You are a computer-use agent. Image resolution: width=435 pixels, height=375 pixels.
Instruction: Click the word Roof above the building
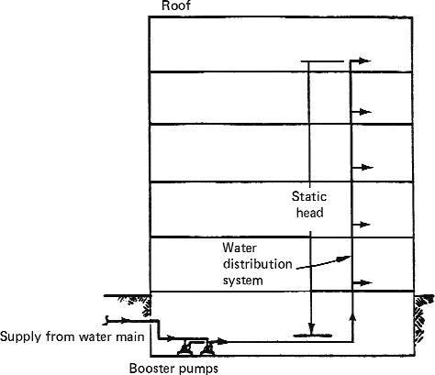tap(176, 6)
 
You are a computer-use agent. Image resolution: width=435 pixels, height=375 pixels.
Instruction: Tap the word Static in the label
tap(309, 196)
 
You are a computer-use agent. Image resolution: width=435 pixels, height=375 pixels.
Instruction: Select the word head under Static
tap(310, 213)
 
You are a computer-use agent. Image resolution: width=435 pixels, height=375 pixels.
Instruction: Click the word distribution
tap(258, 264)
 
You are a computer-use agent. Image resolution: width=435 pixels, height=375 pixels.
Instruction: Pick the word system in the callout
tap(242, 281)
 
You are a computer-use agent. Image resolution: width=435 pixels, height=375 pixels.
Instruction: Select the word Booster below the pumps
tap(151, 369)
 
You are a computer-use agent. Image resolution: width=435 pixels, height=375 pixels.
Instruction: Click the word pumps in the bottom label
tap(196, 369)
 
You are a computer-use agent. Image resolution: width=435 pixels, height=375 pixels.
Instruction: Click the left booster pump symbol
tap(185, 348)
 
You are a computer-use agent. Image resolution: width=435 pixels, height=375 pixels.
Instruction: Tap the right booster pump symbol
tap(207, 348)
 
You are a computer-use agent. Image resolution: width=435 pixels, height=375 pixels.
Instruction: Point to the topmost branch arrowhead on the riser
tap(364, 61)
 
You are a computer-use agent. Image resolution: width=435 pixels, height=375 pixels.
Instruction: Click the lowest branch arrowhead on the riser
tap(365, 282)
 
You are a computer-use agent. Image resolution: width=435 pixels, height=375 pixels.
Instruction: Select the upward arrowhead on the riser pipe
tap(352, 318)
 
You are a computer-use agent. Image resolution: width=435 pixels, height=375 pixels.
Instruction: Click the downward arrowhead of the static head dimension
tap(311, 329)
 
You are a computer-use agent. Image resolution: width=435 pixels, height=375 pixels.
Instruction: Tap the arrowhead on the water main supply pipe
tap(123, 321)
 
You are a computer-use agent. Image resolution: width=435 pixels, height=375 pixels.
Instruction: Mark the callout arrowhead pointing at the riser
tap(343, 259)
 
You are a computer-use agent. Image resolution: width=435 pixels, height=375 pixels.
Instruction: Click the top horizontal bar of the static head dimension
tap(322, 61)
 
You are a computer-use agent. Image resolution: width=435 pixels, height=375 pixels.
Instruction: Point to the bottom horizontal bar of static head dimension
tap(313, 336)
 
